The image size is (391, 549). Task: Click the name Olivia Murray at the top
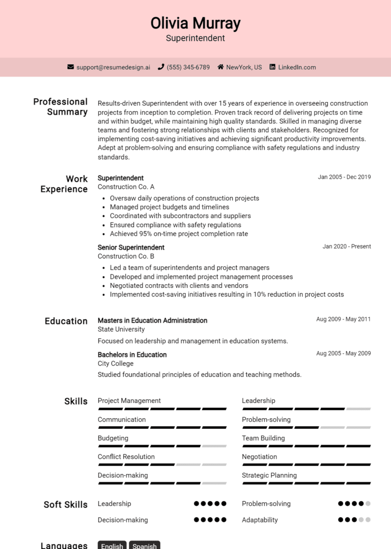195,23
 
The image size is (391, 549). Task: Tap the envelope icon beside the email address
71,67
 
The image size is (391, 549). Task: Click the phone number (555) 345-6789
188,67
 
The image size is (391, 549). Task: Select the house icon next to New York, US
220,67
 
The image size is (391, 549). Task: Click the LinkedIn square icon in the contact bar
272,67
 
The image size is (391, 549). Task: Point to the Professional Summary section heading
61,106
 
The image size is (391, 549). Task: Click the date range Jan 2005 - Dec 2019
344,177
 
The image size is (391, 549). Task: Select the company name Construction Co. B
126,256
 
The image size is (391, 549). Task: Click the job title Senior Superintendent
131,248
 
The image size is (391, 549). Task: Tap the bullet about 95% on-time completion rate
179,234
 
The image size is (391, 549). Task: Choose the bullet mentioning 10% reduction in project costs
227,294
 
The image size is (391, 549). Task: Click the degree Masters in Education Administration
152,320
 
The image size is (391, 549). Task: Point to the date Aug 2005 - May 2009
343,353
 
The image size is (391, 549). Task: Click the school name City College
116,364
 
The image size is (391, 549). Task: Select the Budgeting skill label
113,438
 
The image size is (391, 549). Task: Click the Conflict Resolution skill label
126,457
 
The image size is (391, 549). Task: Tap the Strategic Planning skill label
269,475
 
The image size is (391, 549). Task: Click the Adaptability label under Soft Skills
260,520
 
